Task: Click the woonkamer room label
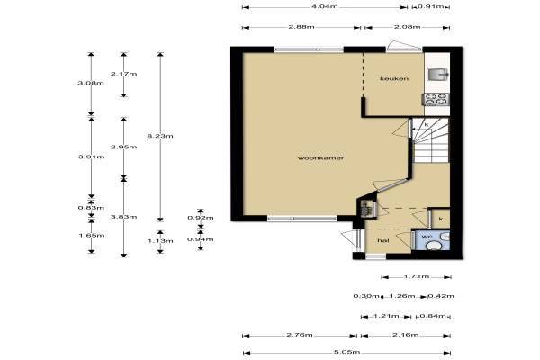(x=320, y=158)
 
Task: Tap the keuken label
(x=394, y=78)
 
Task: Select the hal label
(x=383, y=240)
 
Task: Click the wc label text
(x=427, y=237)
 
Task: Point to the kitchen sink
(x=437, y=74)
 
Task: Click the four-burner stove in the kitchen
(x=436, y=100)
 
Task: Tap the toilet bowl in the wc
(x=436, y=246)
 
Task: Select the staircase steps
(x=431, y=141)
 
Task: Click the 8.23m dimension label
(x=160, y=136)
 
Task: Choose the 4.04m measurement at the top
(x=324, y=6)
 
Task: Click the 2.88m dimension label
(x=301, y=27)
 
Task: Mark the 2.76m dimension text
(x=300, y=335)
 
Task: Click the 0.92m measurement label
(x=201, y=218)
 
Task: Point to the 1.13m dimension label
(x=160, y=241)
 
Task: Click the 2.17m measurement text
(x=124, y=74)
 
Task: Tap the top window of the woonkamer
(x=309, y=49)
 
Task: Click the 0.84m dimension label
(x=434, y=316)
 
